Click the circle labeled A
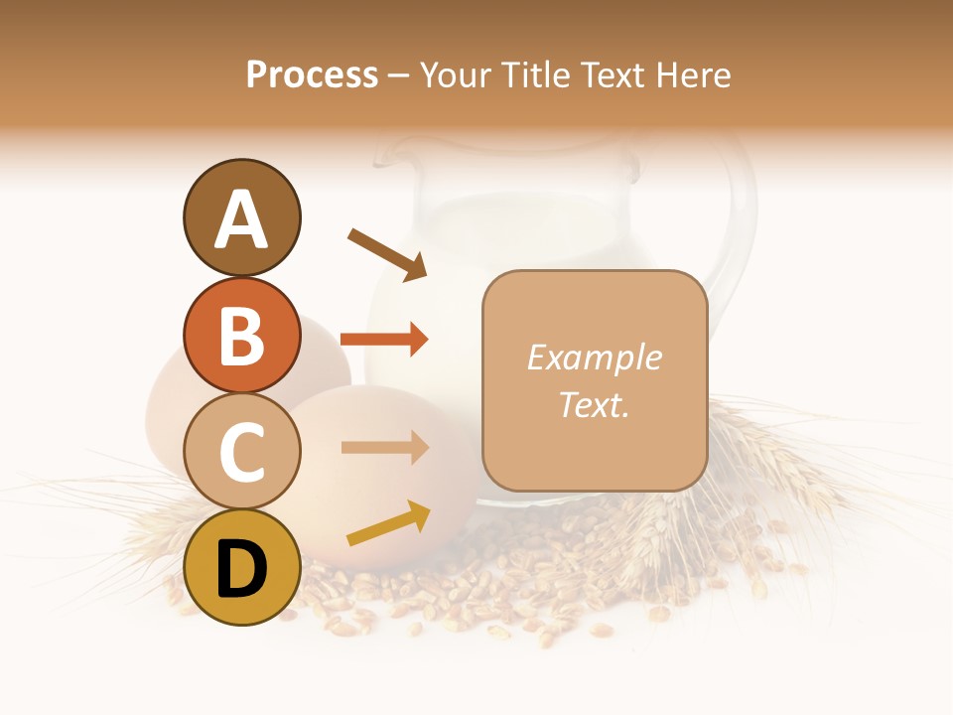click(x=241, y=218)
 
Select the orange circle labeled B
click(x=241, y=336)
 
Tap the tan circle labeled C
click(x=241, y=452)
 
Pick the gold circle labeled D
click(x=241, y=568)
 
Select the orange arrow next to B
click(x=384, y=340)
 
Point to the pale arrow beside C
click(x=384, y=447)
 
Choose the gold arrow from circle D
click(x=388, y=523)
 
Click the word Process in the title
click(x=312, y=74)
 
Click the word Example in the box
click(x=594, y=357)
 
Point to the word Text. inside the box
click(x=594, y=404)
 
